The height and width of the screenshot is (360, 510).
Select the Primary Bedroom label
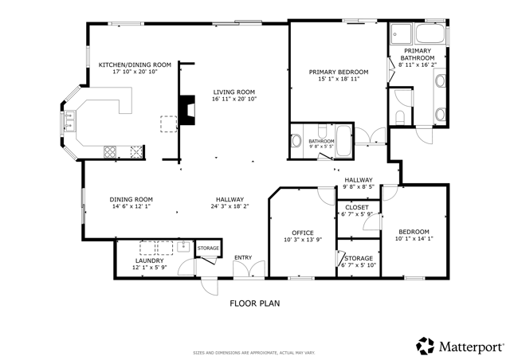point(339,71)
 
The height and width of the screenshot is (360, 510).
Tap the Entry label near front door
point(242,258)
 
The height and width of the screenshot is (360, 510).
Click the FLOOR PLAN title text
point(254,303)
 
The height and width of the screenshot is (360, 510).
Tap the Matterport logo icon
point(425,346)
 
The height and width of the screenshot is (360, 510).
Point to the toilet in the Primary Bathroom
point(401,115)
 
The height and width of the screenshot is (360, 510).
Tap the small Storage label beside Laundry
point(208,248)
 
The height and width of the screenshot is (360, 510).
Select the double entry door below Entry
point(243,272)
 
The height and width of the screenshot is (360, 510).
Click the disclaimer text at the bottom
point(254,352)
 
